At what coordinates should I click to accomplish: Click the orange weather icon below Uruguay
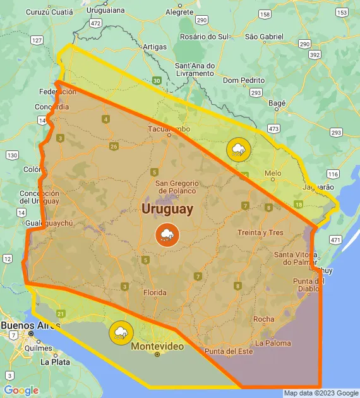pos(167,235)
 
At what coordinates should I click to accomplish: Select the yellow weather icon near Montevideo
pos(120,332)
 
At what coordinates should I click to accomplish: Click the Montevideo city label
pos(157,346)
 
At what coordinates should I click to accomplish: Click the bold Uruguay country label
pos(167,208)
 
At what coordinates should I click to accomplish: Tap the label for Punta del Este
pos(228,351)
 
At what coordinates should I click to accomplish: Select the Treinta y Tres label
pos(260,232)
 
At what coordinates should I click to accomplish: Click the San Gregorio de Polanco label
pos(176,187)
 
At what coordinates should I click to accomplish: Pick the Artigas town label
pos(155,47)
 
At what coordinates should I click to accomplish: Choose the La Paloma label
pos(273,343)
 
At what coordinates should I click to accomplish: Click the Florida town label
pos(155,292)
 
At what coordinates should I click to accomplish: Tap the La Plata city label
pos(54,362)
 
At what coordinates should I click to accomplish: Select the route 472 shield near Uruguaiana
pos(95,23)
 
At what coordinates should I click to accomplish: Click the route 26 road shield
pos(114,147)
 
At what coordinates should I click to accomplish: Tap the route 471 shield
pos(335,240)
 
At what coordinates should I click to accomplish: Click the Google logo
pos(21,390)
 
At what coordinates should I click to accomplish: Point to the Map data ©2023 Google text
pos(321,393)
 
